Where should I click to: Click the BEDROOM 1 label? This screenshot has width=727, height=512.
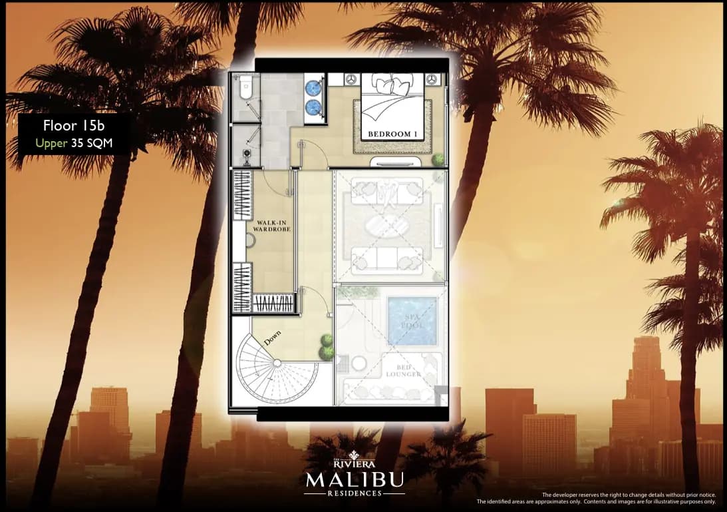(x=392, y=134)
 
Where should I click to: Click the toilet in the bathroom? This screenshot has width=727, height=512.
(x=245, y=87)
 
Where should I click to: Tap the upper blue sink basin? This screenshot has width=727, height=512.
(x=313, y=87)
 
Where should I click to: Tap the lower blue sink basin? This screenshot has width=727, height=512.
(x=313, y=106)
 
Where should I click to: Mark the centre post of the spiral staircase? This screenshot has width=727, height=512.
(x=277, y=363)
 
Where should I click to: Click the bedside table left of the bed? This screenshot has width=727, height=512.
(x=350, y=79)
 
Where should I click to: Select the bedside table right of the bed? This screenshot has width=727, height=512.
(x=434, y=79)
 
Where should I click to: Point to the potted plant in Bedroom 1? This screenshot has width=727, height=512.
(x=438, y=160)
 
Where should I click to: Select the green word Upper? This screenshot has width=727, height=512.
(x=51, y=142)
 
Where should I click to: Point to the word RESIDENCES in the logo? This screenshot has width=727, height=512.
(x=354, y=493)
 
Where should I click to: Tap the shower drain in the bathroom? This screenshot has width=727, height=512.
(x=247, y=152)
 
